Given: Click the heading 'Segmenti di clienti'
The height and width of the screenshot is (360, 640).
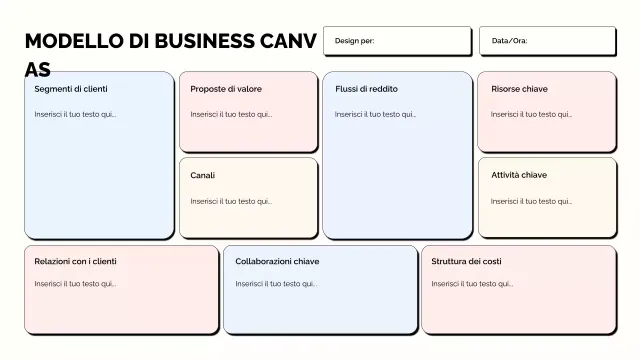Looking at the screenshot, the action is click(71, 89).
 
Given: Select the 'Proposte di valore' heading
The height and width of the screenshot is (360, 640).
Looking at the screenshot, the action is click(226, 89).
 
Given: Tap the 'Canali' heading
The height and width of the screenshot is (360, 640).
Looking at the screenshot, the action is click(203, 176).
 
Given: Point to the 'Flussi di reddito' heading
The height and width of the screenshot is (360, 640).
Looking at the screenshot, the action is click(366, 89).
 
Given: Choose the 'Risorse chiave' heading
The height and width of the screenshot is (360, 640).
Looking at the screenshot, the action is click(519, 89).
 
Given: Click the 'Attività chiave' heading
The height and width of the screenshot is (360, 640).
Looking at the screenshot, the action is click(519, 175).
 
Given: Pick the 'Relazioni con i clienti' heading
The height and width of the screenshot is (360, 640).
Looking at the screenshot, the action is click(75, 262).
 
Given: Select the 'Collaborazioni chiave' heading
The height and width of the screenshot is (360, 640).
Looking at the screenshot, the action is click(277, 262).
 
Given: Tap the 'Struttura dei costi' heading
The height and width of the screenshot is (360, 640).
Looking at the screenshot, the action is click(467, 262).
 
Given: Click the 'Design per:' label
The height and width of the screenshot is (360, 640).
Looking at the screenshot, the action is click(354, 41).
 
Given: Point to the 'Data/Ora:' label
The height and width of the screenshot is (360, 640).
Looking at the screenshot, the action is click(509, 41).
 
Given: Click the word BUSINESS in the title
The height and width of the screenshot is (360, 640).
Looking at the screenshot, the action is click(205, 41).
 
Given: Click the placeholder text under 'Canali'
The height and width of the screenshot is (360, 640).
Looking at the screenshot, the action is click(231, 201).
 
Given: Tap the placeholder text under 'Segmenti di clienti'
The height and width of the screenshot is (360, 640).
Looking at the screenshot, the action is click(75, 114).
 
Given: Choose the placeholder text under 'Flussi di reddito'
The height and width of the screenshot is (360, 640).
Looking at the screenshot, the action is click(375, 114).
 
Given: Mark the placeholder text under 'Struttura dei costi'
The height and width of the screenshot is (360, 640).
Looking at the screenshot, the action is click(472, 284).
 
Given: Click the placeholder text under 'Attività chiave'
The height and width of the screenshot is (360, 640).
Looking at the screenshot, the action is click(531, 201).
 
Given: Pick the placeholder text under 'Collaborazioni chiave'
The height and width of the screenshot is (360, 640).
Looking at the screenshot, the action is click(276, 284).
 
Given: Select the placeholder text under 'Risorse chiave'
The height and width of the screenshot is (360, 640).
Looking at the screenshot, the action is click(531, 114).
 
